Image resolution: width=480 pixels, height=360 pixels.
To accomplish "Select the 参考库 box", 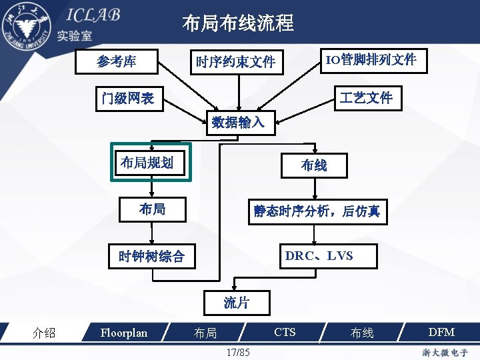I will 117,62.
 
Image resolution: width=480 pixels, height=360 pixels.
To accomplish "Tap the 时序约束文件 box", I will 235,62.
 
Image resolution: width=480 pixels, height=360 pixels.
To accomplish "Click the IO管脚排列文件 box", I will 370,61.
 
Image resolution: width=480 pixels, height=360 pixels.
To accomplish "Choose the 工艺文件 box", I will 366,98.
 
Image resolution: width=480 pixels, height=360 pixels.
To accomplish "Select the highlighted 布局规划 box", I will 151,162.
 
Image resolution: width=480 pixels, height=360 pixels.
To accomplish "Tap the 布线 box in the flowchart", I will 314,164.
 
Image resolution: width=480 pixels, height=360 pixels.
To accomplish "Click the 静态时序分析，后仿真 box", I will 317,211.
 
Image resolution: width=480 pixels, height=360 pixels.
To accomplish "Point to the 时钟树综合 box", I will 151,256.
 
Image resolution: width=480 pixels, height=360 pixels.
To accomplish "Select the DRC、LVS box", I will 319,256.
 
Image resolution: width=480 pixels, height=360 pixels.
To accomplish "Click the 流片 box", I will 237,303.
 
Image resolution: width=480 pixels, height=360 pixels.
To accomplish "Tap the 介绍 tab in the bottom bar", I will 44,333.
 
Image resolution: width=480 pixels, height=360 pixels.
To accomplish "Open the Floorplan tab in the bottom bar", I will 123,333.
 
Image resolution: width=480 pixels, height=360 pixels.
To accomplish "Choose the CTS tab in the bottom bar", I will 285,332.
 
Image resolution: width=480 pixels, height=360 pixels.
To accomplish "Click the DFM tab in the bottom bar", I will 441,332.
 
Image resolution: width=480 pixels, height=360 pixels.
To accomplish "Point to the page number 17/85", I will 238,351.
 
